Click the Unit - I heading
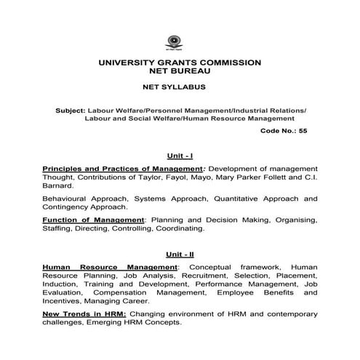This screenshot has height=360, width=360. point(179,155)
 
